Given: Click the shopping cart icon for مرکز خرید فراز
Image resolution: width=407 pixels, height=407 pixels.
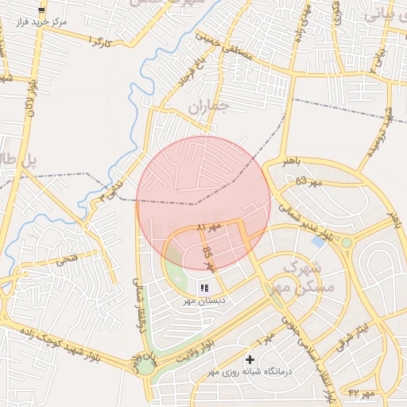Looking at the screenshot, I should tap(41, 10).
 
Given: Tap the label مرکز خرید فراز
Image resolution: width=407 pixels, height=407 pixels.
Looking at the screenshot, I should tap(41, 22).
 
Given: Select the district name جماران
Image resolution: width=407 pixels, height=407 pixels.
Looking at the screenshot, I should tap(209, 105).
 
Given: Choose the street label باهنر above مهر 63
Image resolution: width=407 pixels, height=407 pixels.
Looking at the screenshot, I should tap(292, 161).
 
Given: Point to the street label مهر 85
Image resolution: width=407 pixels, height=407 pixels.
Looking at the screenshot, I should tap(209, 258).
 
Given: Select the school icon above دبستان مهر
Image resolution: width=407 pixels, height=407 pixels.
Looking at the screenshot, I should tap(204, 288).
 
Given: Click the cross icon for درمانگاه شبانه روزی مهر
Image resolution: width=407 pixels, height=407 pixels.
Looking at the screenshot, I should tap(250, 360).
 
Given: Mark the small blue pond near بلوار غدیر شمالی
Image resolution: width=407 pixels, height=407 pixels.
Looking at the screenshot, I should tap(318, 240).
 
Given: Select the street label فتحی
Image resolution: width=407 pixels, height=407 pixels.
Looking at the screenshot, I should tap(66, 260).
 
